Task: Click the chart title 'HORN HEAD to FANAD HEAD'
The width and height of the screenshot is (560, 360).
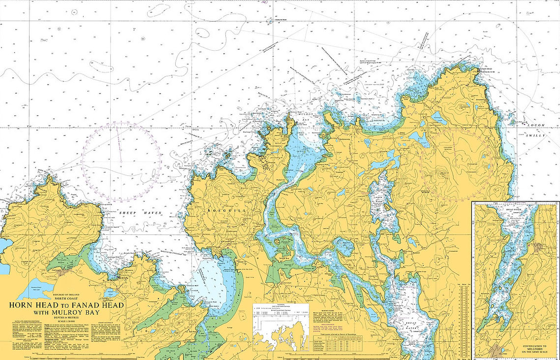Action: (x=66, y=305)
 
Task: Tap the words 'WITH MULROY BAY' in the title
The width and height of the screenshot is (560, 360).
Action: (x=66, y=312)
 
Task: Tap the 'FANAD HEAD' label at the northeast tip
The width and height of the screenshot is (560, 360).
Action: (x=487, y=69)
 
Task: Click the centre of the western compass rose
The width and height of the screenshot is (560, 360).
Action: (x=121, y=162)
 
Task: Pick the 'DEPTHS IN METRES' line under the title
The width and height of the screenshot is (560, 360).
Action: (x=66, y=318)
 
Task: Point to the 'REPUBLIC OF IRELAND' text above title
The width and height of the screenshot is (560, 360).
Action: (x=66, y=294)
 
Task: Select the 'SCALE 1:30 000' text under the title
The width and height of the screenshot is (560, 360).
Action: (x=66, y=322)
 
